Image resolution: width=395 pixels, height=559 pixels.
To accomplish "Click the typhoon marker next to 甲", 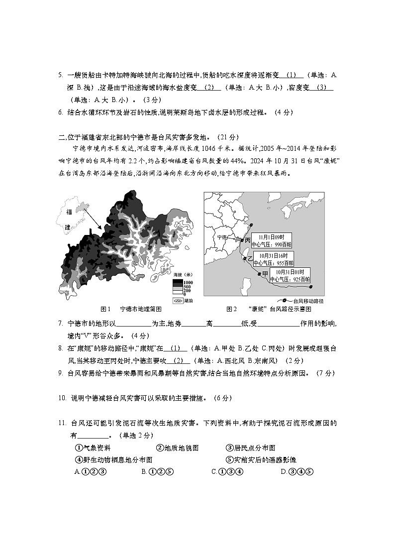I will tap(259, 274).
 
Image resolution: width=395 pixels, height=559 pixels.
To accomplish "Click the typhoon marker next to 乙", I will tap(244, 258).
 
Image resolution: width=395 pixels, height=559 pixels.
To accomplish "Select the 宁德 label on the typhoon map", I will tap(223, 237).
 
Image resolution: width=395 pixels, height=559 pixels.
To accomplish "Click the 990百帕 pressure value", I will tap(283, 245).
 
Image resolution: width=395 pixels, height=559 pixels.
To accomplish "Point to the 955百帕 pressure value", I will tap(285, 262).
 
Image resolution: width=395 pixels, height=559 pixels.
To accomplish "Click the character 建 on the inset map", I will tap(68, 226).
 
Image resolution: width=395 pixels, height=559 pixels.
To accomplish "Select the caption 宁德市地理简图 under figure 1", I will tap(141, 309).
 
